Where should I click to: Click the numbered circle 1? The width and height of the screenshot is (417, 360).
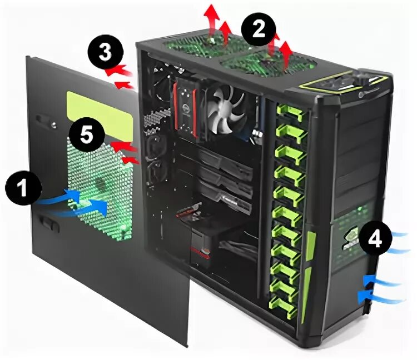click(23, 188)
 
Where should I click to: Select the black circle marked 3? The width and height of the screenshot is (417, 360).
click(105, 53)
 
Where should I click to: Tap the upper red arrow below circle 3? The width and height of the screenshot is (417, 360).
click(119, 71)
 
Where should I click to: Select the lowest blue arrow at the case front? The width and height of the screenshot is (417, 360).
click(381, 297)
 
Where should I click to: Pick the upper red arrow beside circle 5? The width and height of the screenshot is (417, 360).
click(124, 147)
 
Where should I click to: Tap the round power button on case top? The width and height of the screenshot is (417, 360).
click(362, 94)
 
